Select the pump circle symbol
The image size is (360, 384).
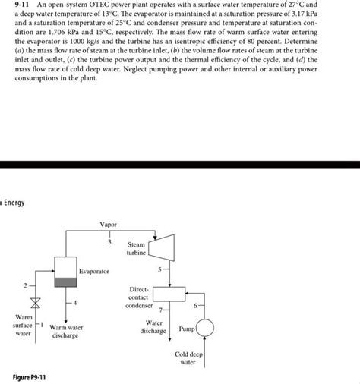point(206,329)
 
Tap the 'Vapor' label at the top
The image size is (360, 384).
point(109,225)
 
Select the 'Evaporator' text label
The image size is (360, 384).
point(94,271)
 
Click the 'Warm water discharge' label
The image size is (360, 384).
point(65,332)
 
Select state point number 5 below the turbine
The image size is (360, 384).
point(159,269)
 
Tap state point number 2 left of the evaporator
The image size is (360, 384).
point(24,285)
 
